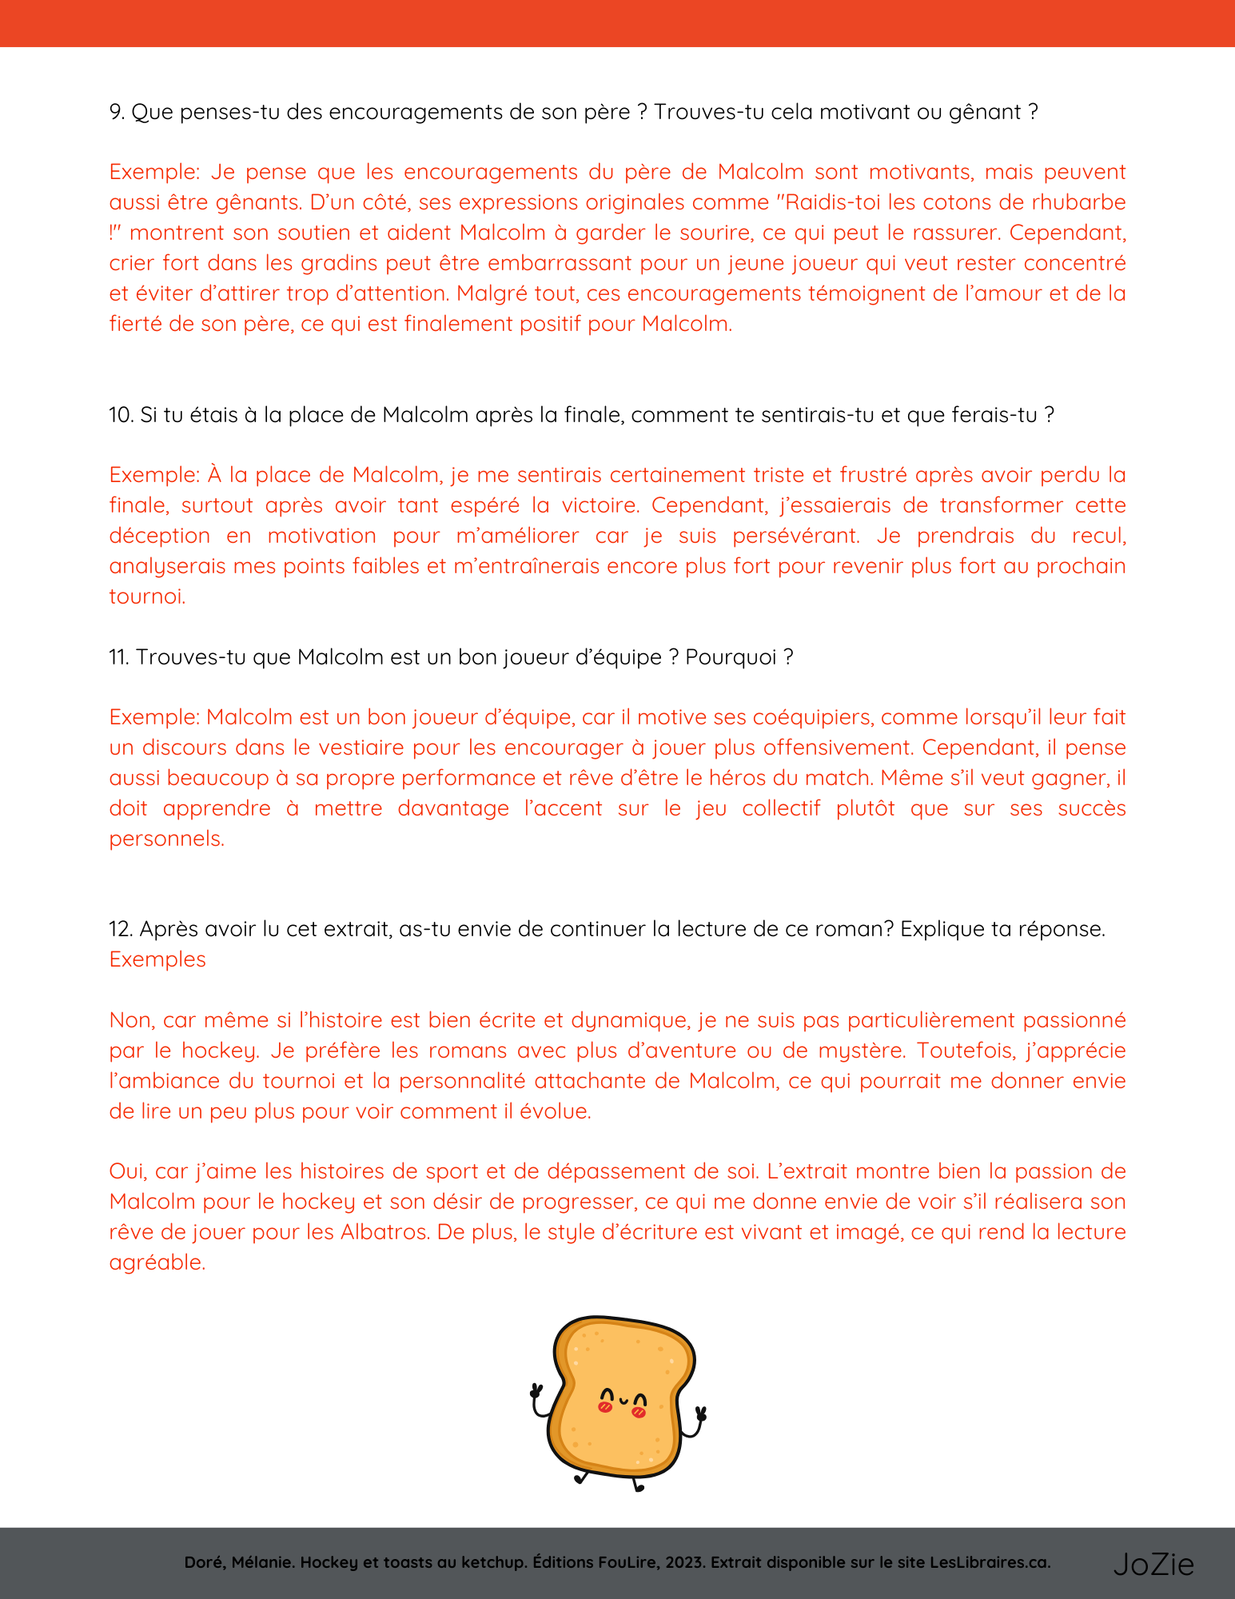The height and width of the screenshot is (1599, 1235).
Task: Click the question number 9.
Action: [x=117, y=112]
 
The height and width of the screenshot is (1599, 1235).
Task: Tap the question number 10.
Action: [x=121, y=415]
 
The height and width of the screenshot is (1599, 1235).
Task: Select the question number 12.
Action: [x=121, y=929]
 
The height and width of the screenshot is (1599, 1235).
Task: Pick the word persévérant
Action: [x=795, y=536]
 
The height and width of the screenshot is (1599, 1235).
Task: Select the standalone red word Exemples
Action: [x=157, y=959]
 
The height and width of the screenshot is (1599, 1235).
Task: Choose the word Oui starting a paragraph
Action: [x=128, y=1171]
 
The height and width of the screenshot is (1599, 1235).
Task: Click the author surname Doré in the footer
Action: [x=204, y=1563]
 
